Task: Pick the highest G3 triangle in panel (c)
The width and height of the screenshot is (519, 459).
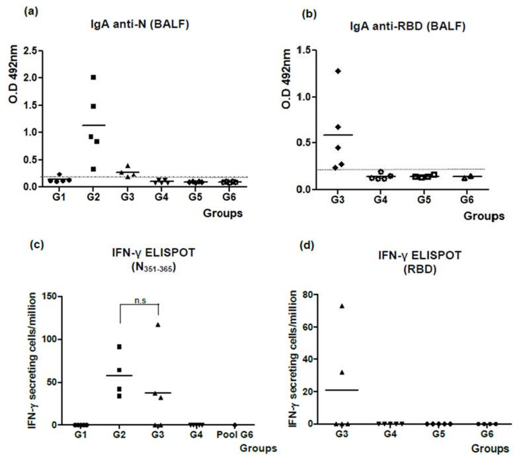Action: (157, 325)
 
